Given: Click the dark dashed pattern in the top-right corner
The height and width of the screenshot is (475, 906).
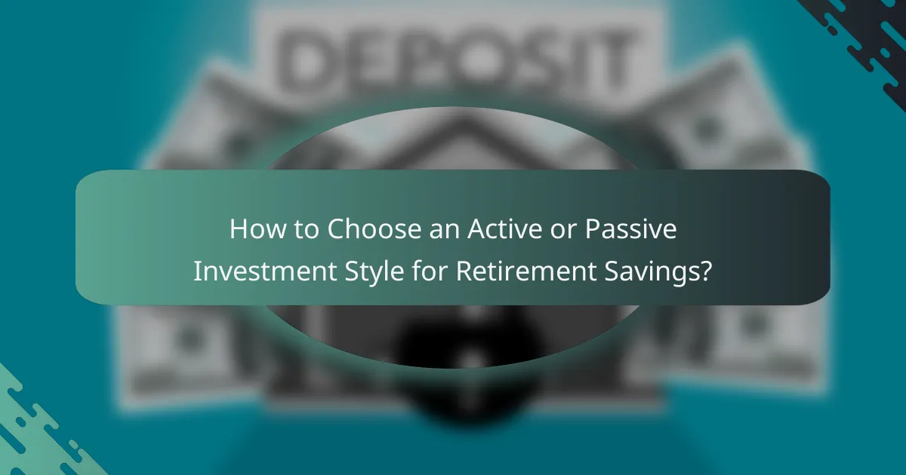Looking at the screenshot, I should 861,30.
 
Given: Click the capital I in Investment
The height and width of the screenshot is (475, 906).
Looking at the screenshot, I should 198,271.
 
